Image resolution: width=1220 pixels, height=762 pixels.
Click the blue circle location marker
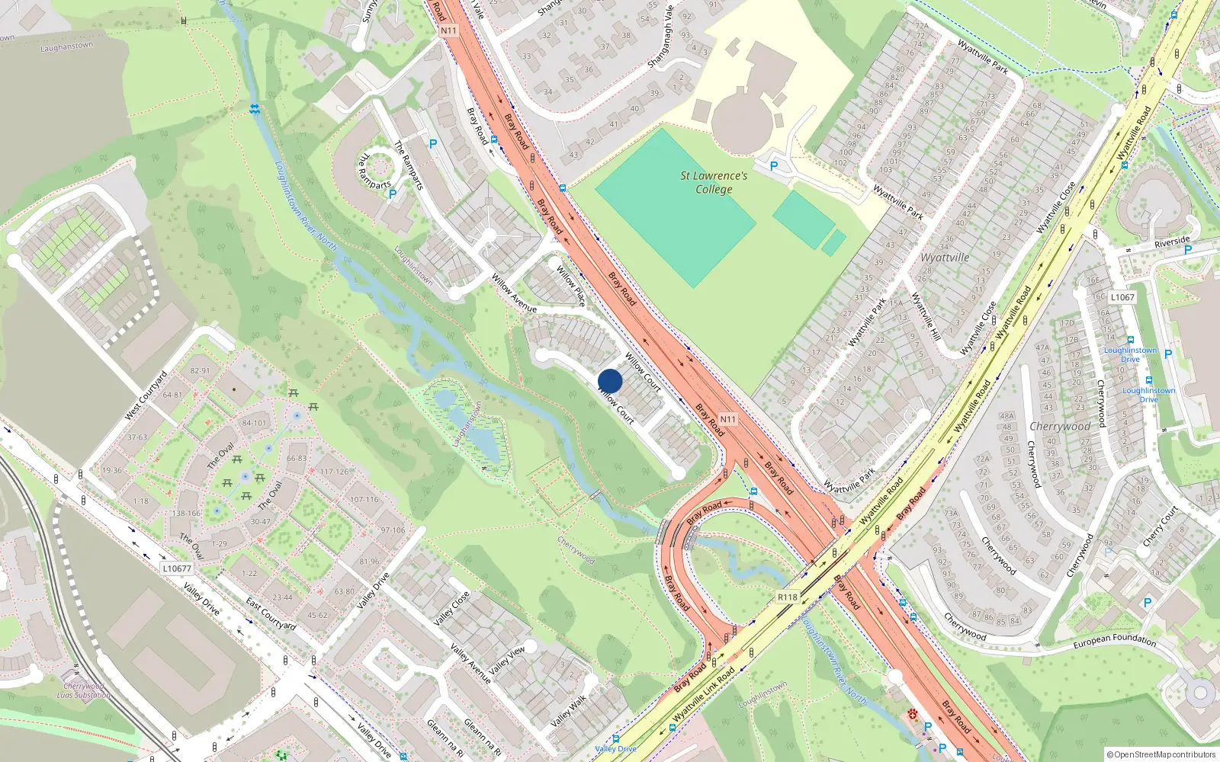(610, 381)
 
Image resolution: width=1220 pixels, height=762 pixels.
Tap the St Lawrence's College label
(714, 182)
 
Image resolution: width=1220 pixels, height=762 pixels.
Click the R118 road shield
(788, 597)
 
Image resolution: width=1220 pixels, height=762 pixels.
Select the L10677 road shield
(177, 568)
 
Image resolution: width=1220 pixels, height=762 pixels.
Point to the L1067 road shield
(1122, 297)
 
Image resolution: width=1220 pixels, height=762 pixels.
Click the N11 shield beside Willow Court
(728, 419)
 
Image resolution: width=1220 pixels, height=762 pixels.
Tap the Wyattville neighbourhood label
(945, 258)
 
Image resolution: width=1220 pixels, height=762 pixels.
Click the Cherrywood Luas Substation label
(83, 690)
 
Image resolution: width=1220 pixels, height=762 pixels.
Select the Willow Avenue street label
(514, 293)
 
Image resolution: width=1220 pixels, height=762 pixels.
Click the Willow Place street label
(570, 286)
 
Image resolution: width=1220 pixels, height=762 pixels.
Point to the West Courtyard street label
(146, 395)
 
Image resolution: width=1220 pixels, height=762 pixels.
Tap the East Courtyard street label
(271, 614)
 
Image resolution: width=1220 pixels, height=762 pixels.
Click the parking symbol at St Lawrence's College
(774, 165)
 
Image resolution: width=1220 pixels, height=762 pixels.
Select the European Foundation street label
(1114, 641)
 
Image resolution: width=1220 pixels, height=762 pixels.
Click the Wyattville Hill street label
(926, 316)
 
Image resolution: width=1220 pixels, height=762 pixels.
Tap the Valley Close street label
(452, 608)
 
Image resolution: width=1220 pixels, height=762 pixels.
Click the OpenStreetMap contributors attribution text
(1161, 754)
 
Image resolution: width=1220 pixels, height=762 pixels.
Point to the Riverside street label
(1172, 242)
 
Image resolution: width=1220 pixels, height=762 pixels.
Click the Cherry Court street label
(1161, 526)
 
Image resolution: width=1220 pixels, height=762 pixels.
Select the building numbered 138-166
(186, 513)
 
